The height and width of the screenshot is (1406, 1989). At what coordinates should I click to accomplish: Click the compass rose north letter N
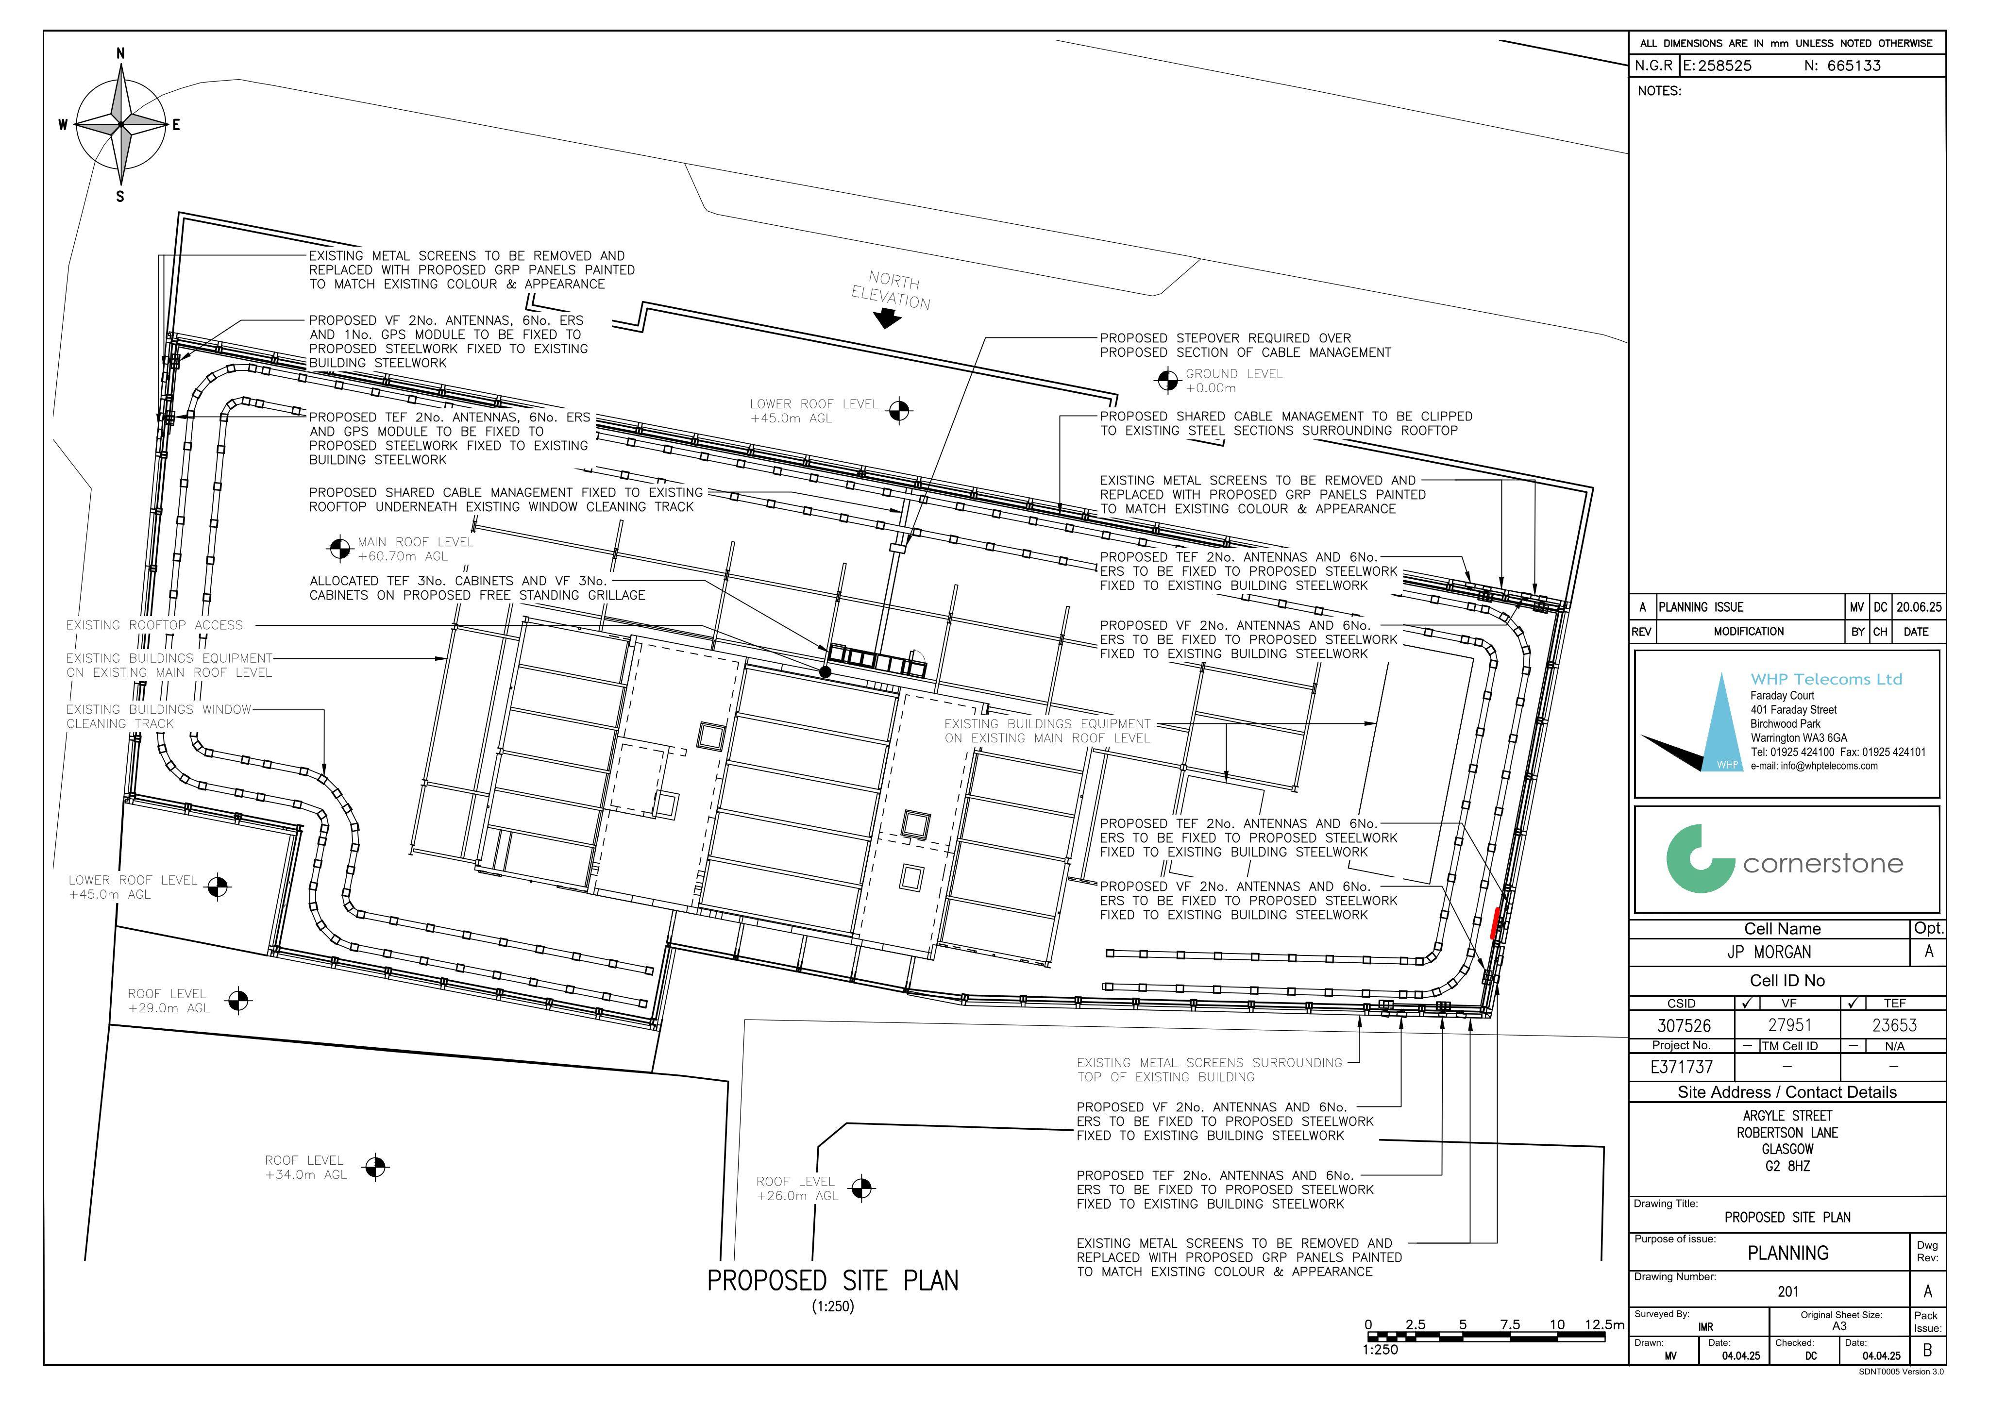[x=120, y=54]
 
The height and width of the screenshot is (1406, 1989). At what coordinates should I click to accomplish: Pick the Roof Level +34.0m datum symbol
[x=375, y=1168]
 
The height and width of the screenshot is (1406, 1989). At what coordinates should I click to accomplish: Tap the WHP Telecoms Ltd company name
[x=1826, y=679]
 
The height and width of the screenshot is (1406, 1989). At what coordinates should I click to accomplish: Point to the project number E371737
[x=1682, y=1067]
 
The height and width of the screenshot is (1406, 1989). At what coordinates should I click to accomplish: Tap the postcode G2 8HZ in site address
[x=1787, y=1166]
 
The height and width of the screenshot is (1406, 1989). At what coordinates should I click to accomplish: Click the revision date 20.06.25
[x=1919, y=607]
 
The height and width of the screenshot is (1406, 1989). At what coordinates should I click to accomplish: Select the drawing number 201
[x=1788, y=1291]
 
